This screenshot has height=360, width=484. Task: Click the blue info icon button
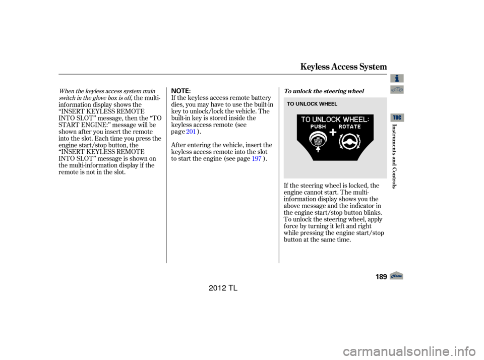(397, 78)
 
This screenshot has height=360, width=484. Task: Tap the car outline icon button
(397, 90)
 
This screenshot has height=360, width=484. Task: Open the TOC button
(397, 117)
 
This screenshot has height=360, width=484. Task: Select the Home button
(396, 275)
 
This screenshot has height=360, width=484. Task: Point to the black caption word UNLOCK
(304, 104)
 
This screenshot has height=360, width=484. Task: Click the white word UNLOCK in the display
(327, 119)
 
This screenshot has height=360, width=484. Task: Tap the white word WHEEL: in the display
(356, 119)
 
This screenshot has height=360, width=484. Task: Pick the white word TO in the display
(306, 119)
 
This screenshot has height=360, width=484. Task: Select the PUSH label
(318, 127)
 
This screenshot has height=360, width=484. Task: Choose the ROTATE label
(349, 127)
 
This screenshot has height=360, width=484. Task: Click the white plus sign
(333, 133)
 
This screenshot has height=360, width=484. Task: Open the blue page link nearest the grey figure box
(257, 158)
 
